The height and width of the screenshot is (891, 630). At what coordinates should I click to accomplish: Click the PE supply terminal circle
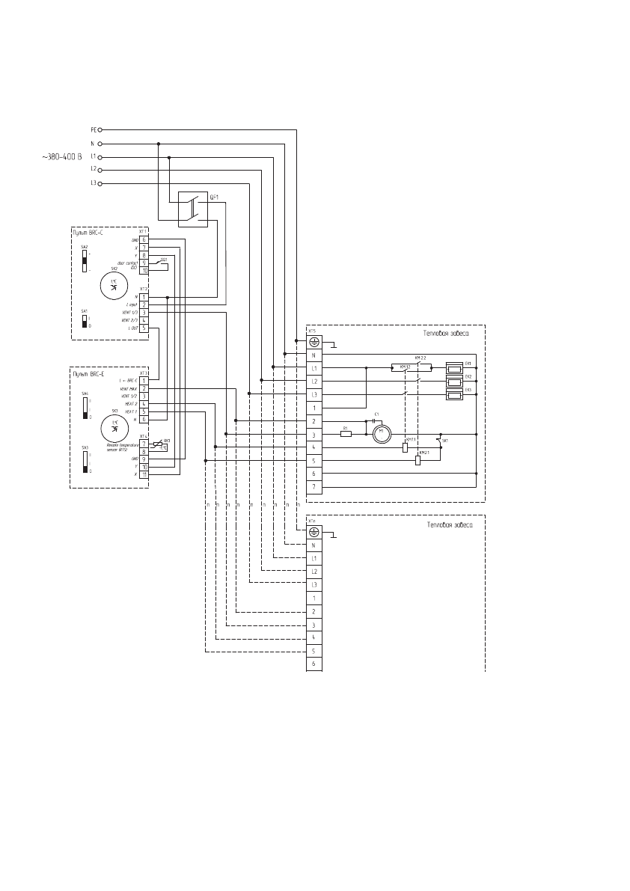[99, 129]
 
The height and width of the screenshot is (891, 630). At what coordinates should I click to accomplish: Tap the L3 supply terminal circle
[99, 183]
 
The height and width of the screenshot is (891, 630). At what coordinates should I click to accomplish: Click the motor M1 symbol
[382, 433]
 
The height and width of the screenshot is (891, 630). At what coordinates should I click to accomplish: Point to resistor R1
[346, 433]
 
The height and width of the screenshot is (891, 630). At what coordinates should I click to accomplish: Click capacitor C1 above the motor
[373, 421]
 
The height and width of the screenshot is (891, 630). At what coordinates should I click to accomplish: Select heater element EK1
[454, 367]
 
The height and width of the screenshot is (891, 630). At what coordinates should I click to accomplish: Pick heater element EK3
[454, 394]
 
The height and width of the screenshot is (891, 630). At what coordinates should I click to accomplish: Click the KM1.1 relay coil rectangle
[405, 447]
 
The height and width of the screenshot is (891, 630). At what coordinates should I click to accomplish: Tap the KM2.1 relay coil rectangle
[418, 460]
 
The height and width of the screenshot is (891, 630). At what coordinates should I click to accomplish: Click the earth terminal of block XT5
[315, 342]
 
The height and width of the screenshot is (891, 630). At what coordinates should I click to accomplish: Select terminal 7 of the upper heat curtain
[315, 487]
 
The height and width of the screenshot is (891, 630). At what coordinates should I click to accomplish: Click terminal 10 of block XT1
[143, 271]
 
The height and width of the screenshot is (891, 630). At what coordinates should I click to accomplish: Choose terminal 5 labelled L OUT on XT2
[143, 328]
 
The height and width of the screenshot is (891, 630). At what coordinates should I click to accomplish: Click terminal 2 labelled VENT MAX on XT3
[143, 389]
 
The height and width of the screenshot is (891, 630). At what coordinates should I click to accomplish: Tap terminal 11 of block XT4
[143, 475]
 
